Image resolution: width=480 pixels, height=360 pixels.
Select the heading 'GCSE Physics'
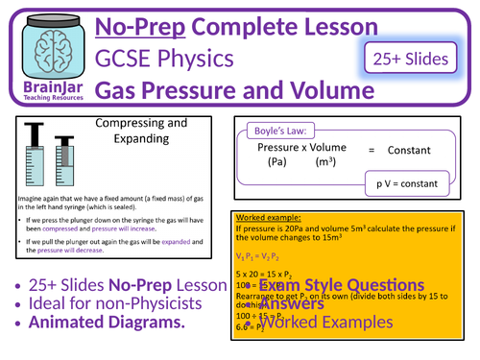pyautogui.click(x=178, y=60)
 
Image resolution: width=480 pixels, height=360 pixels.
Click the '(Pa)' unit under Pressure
pyautogui.click(x=278, y=163)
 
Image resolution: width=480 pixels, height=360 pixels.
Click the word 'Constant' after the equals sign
pyautogui.click(x=412, y=151)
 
